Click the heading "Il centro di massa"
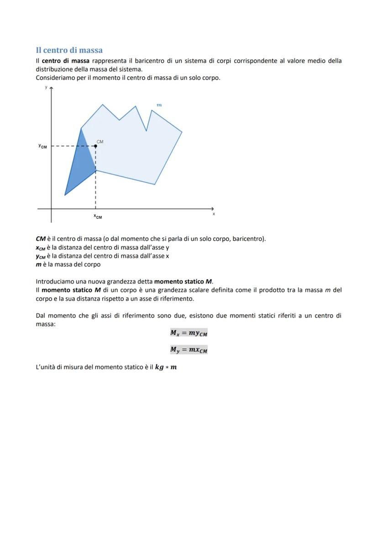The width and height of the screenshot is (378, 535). (x=69, y=50)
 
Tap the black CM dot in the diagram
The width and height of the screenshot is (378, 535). (x=95, y=146)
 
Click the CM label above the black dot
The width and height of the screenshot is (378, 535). (x=100, y=142)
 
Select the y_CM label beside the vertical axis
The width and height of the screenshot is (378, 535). (x=42, y=146)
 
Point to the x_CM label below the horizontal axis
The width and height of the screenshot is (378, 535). (x=98, y=217)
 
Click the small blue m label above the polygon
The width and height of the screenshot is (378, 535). (x=159, y=105)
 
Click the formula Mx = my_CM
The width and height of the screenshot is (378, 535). (x=189, y=333)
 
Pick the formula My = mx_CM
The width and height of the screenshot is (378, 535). (x=189, y=350)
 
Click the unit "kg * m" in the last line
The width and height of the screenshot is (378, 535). (x=166, y=367)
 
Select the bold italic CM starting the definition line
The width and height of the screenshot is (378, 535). (x=41, y=239)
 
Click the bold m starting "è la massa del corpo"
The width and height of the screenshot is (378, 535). (x=38, y=265)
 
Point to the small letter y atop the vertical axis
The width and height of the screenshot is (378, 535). (x=46, y=87)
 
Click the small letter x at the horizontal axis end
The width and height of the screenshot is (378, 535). (x=213, y=214)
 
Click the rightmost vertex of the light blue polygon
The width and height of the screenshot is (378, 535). (x=182, y=132)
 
